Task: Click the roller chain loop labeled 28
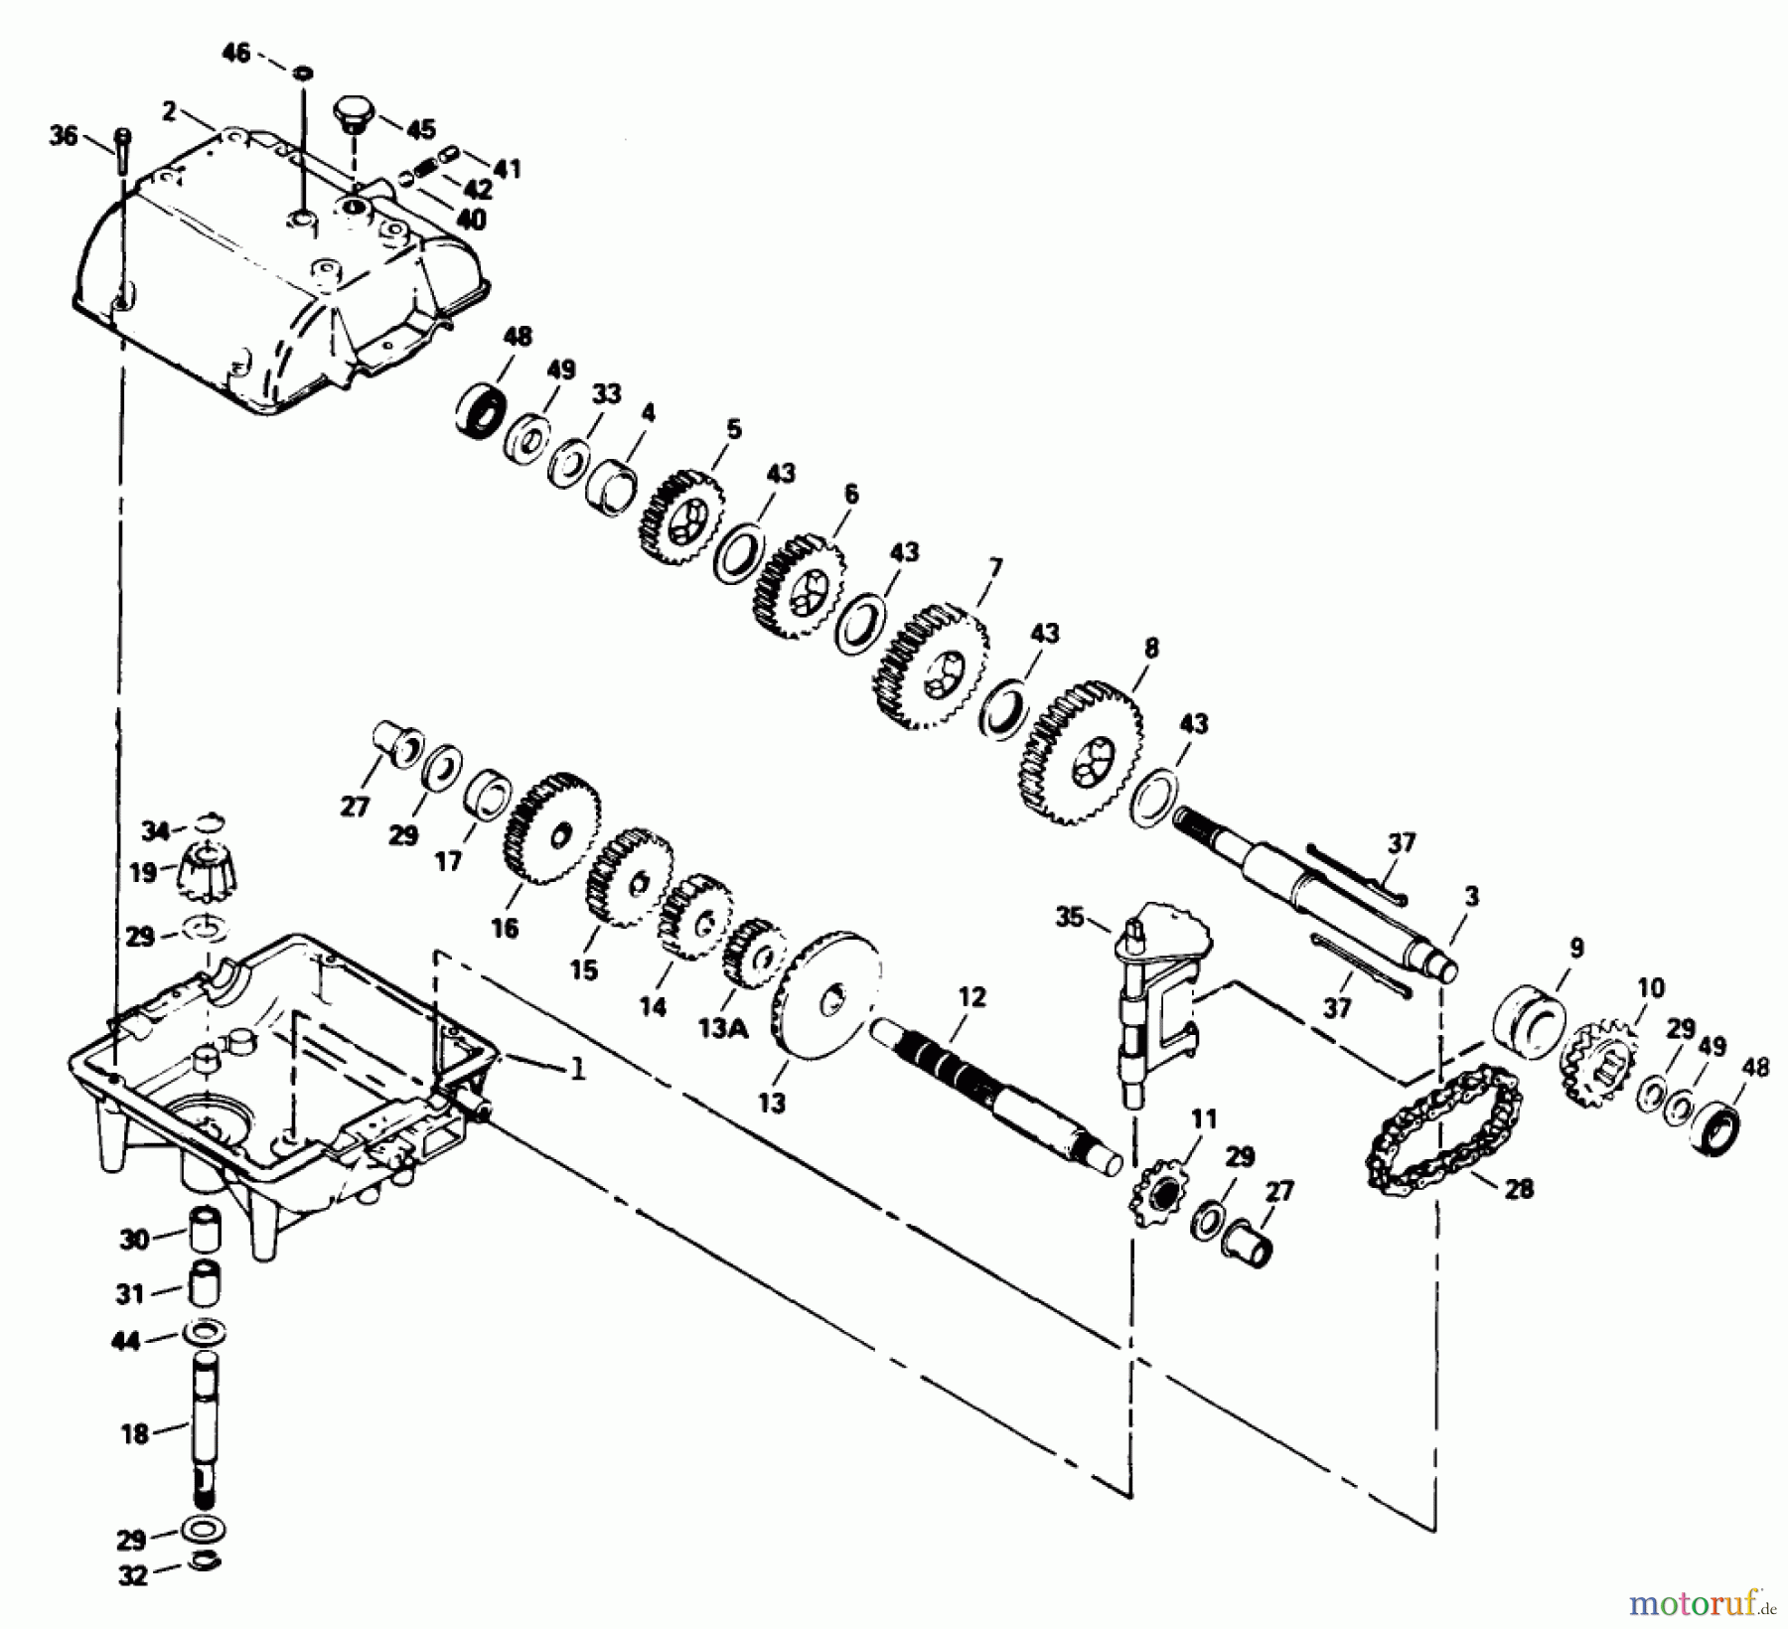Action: tap(1436, 1132)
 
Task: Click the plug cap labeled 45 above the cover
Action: tap(353, 111)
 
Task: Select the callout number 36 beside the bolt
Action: tap(64, 135)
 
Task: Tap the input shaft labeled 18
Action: tap(206, 1425)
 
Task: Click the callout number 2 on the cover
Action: tap(169, 111)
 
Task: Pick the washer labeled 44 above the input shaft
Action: tap(205, 1331)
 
